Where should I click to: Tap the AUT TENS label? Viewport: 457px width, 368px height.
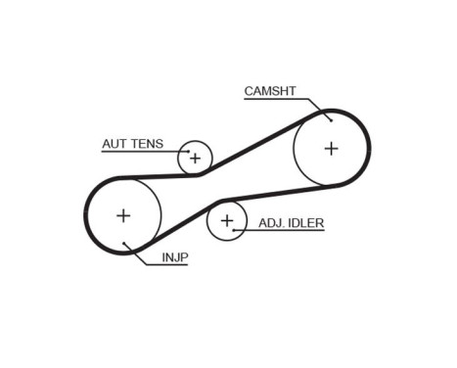(x=132, y=144)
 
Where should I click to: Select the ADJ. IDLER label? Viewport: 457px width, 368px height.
(x=291, y=223)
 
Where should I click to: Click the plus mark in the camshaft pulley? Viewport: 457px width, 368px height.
(x=331, y=149)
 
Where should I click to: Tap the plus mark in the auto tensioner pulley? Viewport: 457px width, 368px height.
(x=195, y=157)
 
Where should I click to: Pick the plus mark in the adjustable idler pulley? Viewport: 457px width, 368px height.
(x=227, y=221)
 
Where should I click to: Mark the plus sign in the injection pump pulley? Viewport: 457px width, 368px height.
(x=123, y=214)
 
